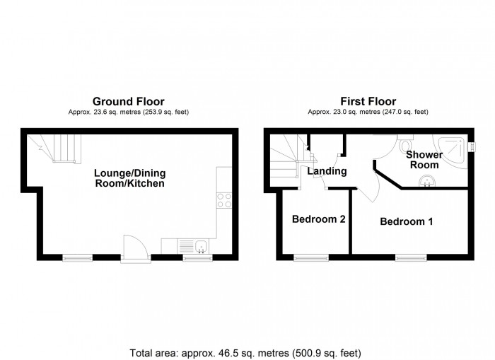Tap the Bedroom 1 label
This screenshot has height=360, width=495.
(x=406, y=222)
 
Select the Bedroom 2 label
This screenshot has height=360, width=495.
(x=318, y=219)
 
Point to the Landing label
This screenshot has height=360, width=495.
(x=326, y=171)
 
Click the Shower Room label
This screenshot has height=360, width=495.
(x=424, y=160)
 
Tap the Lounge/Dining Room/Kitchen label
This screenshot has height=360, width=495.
(x=130, y=178)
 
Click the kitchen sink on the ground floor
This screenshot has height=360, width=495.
(x=201, y=247)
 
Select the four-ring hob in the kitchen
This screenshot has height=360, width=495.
(x=224, y=199)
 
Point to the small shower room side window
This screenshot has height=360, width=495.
(x=470, y=146)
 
